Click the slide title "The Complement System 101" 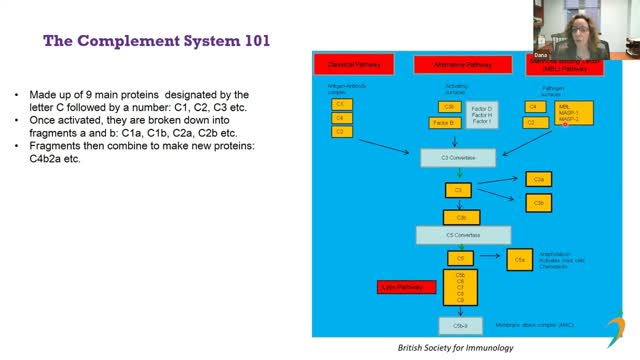pos(156,41)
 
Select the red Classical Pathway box pos(355,64)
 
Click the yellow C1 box pos(341,104)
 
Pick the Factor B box pos(445,123)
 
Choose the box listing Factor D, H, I pos(482,114)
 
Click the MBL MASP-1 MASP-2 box pos(574,113)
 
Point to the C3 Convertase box pos(458,158)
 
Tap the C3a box pos(538,179)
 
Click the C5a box pos(518,260)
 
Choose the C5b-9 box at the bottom pos(460,325)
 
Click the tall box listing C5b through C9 pos(460,287)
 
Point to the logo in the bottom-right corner pos(618,332)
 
